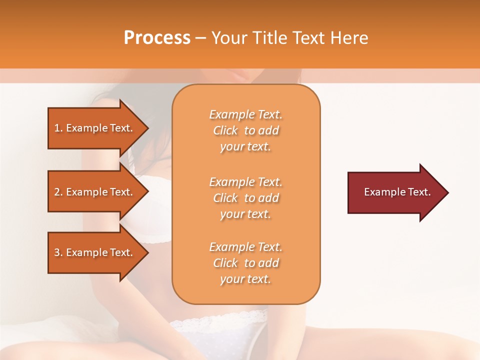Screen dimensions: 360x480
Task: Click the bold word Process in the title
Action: coord(157,38)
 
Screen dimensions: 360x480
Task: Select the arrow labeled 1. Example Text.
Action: coord(95,128)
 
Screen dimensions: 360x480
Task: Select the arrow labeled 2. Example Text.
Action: coord(95,192)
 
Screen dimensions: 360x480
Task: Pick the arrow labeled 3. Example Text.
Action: coord(95,252)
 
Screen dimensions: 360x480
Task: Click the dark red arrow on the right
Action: coord(395,192)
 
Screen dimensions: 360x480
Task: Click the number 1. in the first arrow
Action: coord(58,128)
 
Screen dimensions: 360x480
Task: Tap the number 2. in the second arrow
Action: coord(58,192)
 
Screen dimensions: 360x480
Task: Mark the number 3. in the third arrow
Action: coord(58,252)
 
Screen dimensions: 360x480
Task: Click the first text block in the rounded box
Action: coord(246,130)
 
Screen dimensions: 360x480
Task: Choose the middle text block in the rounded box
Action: coord(246,198)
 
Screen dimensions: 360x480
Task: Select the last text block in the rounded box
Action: coord(246,263)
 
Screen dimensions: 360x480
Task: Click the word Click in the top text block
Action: coord(225,130)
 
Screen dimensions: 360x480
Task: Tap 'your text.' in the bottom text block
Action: coord(245,279)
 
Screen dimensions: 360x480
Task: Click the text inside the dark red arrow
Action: coord(397,192)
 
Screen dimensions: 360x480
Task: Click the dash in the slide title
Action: coord(201,38)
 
